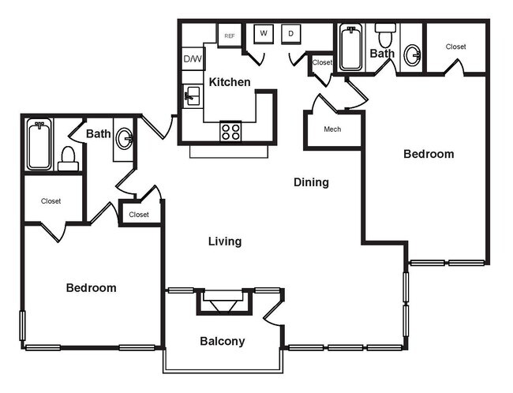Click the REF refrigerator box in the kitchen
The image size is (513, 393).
pos(230,36)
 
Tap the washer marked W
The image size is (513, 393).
pos(263,33)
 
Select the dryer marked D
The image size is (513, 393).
pos(290,33)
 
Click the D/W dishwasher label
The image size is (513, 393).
pos(192,58)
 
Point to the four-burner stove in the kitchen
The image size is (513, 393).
pos(230,131)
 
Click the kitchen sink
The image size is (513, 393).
pos(191,98)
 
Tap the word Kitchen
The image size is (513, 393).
pos(230,82)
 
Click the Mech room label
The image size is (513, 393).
pos(332,129)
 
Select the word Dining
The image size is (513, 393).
pos(311,182)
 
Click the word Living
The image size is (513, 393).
pos(225,241)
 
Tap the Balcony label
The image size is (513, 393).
pos(222,342)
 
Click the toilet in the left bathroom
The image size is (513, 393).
pos(69,159)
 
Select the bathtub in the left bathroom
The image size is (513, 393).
pos(39,145)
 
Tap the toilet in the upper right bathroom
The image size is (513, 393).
pos(385,36)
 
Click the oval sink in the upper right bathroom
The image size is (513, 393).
pos(412,55)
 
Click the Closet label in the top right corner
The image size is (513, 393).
pos(455,47)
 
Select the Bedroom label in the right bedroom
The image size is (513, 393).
pos(429,154)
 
